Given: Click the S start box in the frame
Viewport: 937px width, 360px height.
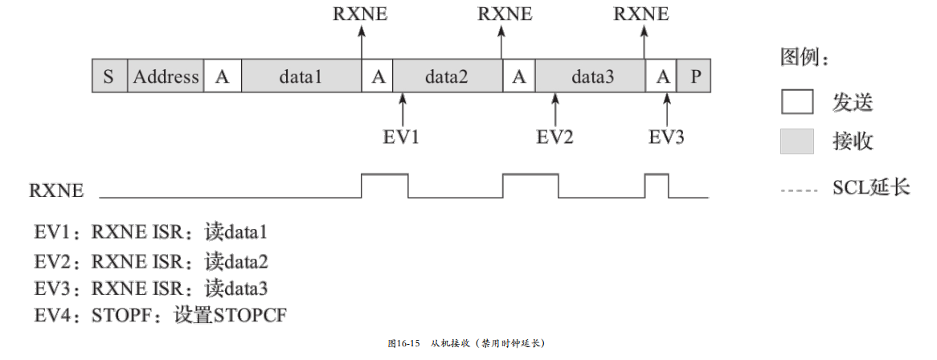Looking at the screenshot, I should pyautogui.click(x=109, y=77).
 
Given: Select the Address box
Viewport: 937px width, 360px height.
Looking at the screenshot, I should pyautogui.click(x=166, y=77).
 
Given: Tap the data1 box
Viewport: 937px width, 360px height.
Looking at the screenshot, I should pyautogui.click(x=301, y=77).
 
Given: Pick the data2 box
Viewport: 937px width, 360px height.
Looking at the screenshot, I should pyautogui.click(x=447, y=77).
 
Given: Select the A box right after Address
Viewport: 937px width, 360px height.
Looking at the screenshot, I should pyautogui.click(x=223, y=77).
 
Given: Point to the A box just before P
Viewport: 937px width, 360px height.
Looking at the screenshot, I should pyautogui.click(x=663, y=77).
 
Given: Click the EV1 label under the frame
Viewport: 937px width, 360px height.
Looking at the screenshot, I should pyautogui.click(x=401, y=137).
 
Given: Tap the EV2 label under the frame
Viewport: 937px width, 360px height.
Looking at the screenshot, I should pyautogui.click(x=554, y=137).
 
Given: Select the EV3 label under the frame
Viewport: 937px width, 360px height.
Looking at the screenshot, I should pyautogui.click(x=666, y=137).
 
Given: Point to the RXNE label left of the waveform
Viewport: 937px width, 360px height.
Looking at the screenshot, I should pyautogui.click(x=56, y=191).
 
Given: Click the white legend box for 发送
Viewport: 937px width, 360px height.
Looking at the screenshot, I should pyautogui.click(x=797, y=102).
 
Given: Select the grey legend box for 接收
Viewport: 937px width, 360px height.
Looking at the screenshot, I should pyautogui.click(x=797, y=141).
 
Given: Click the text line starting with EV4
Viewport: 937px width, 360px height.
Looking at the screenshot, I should pyautogui.click(x=161, y=316).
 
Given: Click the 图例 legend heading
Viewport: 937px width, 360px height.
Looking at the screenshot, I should pyautogui.click(x=804, y=58).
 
